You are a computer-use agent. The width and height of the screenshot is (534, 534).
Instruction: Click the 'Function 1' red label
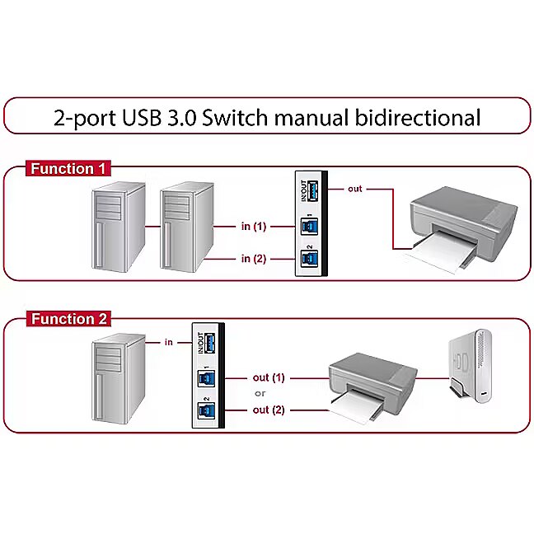pos(68,169)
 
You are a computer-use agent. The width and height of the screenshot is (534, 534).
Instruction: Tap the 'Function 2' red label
pos(68,319)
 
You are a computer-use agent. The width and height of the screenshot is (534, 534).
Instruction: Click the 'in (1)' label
pos(254,226)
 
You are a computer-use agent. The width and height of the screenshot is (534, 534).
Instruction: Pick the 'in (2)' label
pos(254,259)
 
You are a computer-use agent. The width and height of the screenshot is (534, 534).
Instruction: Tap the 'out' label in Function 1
pos(354,189)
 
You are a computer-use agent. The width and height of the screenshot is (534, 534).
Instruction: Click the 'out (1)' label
pos(269,377)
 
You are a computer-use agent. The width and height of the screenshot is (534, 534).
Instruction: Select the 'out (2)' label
pos(269,410)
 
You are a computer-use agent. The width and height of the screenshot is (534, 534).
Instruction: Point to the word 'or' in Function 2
pos(260,393)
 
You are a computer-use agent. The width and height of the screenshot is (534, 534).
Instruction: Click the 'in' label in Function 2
pos(168,341)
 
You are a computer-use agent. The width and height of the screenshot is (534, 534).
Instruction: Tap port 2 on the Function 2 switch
pos(206,411)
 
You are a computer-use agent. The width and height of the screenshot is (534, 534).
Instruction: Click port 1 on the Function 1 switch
pos(308,227)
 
